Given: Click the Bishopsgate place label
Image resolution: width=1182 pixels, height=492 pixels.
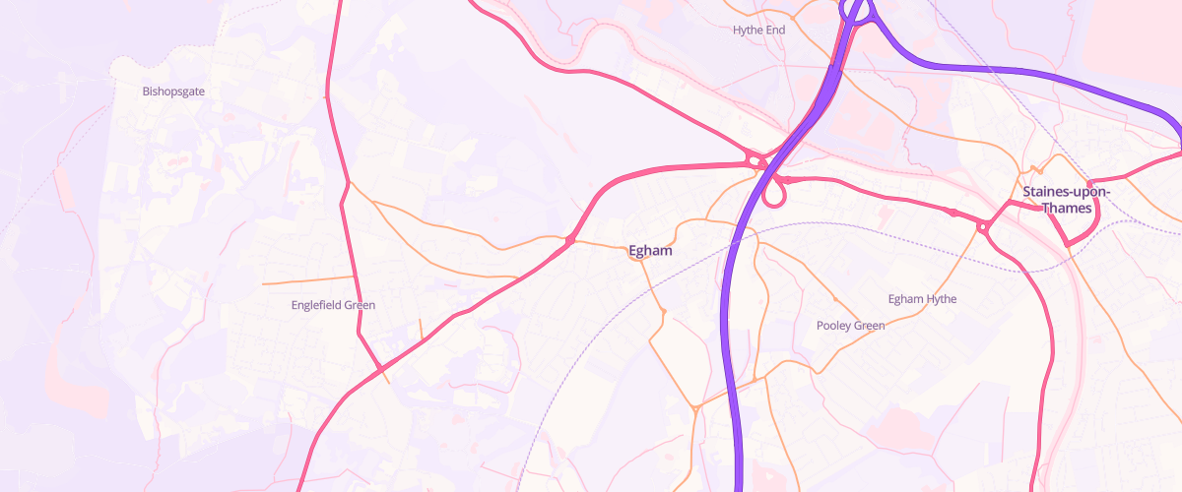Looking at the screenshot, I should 173,92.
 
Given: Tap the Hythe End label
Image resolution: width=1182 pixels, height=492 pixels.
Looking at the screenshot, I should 758,31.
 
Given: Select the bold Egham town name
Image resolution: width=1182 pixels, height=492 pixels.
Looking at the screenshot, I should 650,251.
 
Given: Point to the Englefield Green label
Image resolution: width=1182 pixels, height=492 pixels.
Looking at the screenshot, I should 333,305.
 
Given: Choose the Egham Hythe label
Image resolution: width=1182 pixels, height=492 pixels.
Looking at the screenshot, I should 922,299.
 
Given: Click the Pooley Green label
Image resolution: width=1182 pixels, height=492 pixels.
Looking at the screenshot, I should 850,326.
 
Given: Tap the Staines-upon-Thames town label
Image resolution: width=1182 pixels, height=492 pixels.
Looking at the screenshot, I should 1066,200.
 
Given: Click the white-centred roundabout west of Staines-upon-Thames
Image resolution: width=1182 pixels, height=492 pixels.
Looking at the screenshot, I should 982,227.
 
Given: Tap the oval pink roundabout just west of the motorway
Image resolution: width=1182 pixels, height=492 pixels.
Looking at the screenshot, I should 755,159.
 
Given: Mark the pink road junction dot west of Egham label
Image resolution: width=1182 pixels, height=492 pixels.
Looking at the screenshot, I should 570,240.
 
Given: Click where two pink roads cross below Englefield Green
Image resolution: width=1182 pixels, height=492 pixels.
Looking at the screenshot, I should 380,369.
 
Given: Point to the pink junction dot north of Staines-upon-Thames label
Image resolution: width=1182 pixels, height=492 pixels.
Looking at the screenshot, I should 1089,184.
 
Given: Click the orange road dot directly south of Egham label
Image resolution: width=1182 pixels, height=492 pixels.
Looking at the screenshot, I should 664,312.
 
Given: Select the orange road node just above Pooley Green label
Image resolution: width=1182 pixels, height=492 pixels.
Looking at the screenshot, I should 835,298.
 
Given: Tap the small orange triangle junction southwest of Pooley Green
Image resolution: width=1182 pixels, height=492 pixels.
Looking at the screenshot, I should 695,407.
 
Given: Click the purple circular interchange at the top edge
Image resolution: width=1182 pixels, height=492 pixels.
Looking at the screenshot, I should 858,10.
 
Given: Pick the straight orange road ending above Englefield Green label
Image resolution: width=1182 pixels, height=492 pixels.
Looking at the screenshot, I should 307,280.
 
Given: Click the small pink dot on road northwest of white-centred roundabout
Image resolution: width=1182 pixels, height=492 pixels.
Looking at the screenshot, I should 952,213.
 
